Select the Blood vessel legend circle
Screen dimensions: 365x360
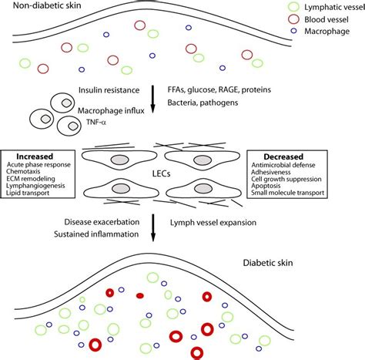(289, 19)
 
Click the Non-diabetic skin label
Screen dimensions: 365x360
(47, 5)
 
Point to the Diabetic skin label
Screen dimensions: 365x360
(268, 263)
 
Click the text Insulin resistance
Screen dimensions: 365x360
(109, 90)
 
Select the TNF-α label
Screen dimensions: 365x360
(96, 122)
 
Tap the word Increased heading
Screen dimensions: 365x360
(35, 156)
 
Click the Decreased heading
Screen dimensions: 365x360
(283, 156)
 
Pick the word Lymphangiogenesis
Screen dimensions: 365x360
(35, 186)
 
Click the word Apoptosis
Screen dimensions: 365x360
(266, 186)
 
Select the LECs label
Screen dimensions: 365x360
(161, 173)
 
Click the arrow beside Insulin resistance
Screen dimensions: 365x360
(153, 99)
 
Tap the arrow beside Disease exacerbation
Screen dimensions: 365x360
(153, 228)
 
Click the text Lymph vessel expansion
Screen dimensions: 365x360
(213, 223)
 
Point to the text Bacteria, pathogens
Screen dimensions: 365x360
(203, 103)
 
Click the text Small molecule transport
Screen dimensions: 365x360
(287, 193)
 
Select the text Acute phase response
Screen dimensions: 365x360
(39, 164)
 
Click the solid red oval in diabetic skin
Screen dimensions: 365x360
(140, 296)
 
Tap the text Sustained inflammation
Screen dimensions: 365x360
(96, 234)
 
